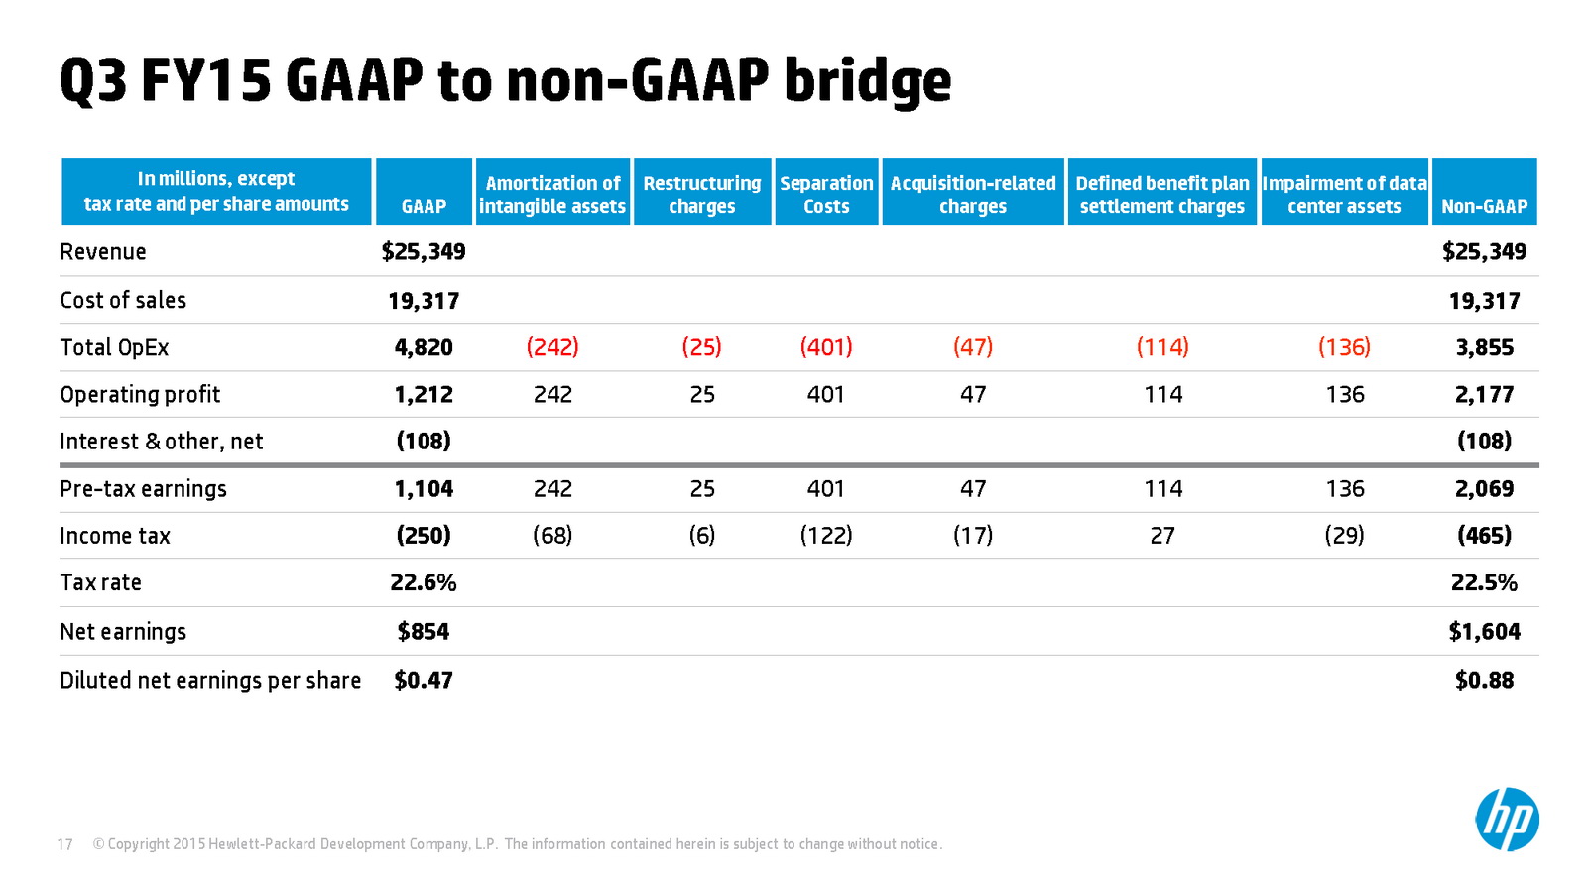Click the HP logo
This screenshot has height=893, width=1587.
pos(1507,820)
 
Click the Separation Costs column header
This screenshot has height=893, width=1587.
pos(826,194)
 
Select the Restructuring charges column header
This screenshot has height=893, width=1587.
pos(702,194)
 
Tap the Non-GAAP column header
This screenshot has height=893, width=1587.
pos(1484,206)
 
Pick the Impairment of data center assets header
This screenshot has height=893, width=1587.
pos(1344,194)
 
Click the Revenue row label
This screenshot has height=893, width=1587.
pos(103,252)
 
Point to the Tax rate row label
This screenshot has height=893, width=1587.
pos(100,582)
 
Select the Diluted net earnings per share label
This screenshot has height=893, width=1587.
pos(210,681)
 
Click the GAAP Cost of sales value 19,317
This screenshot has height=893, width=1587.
pos(424,301)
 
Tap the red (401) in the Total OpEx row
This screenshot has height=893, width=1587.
pos(826,347)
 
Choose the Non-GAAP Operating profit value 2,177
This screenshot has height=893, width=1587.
pos(1484,394)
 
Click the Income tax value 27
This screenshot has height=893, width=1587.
pos(1162,536)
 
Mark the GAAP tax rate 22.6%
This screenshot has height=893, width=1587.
pos(424,582)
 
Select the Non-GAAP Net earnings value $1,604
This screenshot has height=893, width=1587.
pos(1484,631)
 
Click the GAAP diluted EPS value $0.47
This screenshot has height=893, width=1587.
pos(424,681)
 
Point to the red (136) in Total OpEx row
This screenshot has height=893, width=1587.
pos(1345,347)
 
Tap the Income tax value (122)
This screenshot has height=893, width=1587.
pos(826,536)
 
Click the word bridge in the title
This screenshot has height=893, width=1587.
pos(868,82)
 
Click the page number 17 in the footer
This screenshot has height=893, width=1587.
pos(65,844)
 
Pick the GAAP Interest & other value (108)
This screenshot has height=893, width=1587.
pos(424,442)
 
